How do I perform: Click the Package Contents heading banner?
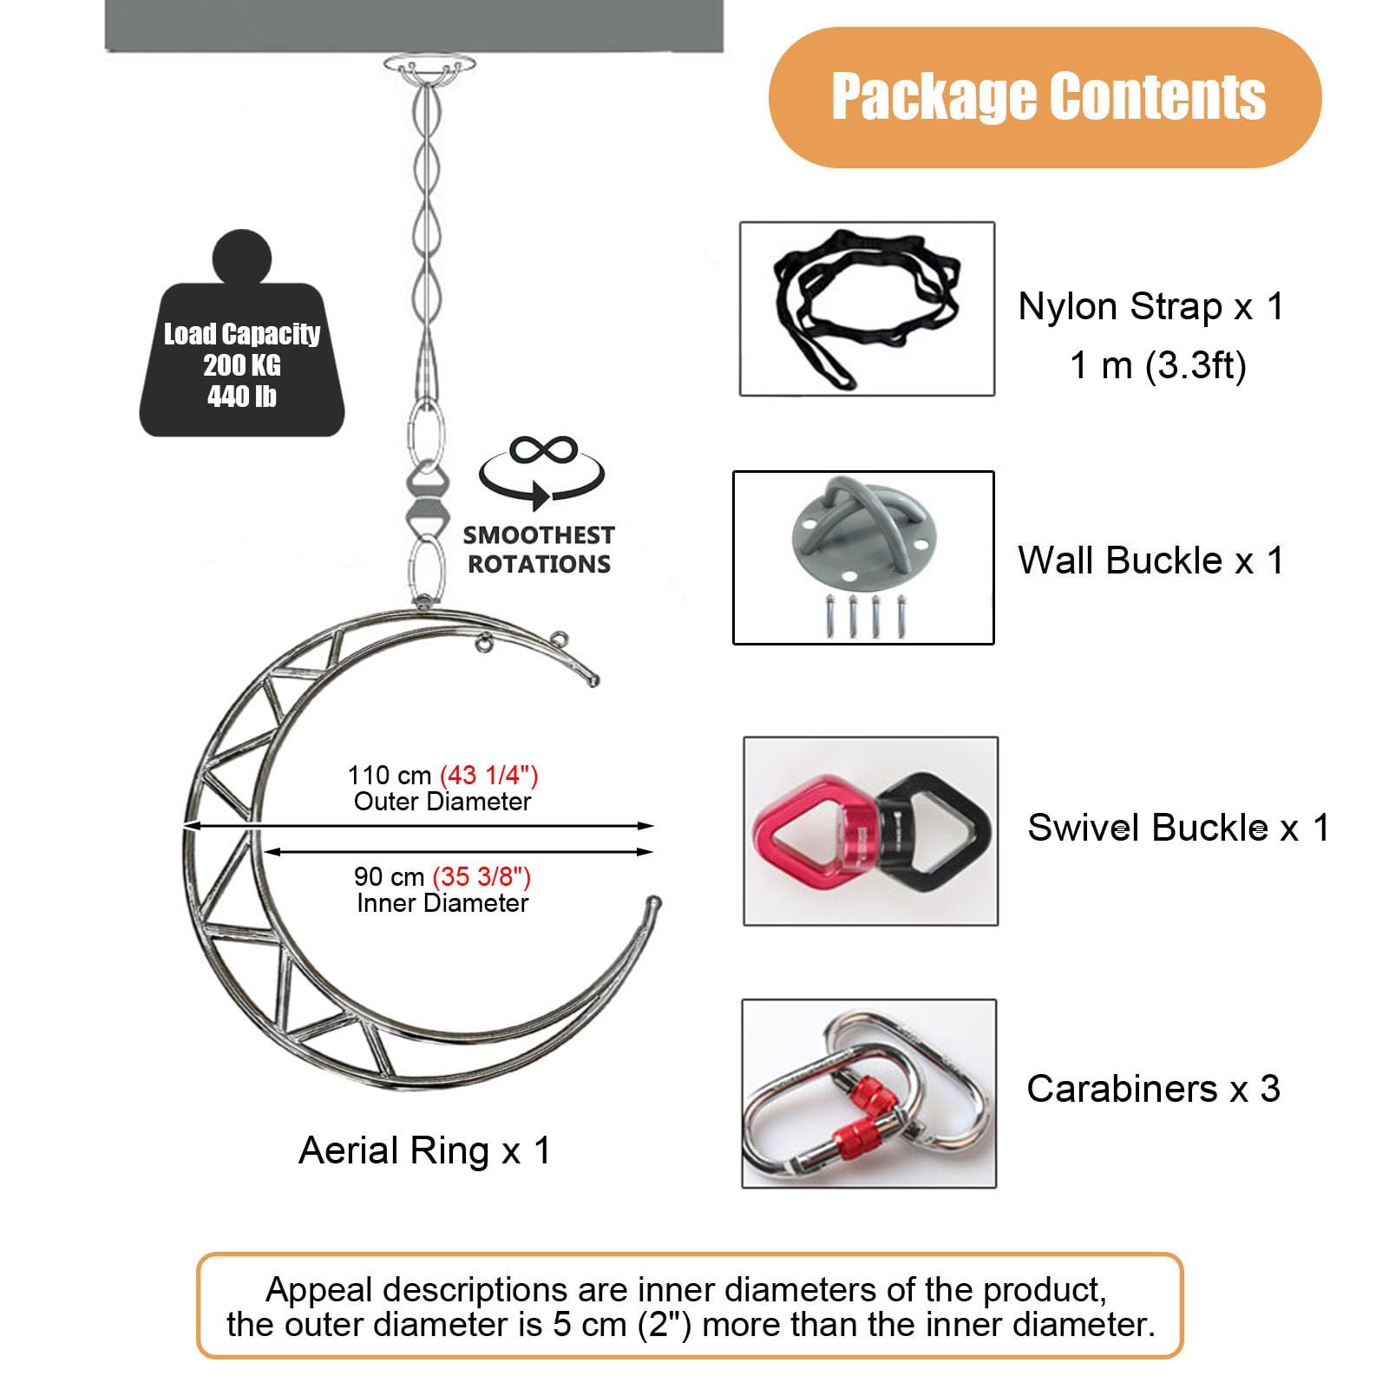tap(1045, 96)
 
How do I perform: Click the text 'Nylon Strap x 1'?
tap(1150, 307)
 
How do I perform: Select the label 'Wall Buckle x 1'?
tap(1150, 560)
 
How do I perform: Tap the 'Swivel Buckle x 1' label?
tap(1177, 828)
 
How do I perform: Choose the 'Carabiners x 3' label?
tap(1153, 1089)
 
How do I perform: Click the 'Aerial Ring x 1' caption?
tap(424, 1151)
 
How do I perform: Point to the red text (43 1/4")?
tap(489, 775)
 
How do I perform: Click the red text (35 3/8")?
tap(482, 876)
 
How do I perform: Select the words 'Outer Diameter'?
tap(442, 802)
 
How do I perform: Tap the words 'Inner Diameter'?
tap(442, 903)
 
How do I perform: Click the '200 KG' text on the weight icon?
tap(242, 365)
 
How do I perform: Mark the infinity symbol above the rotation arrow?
tap(543, 450)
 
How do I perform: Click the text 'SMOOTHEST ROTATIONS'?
tap(539, 549)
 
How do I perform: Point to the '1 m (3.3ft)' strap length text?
tap(1157, 365)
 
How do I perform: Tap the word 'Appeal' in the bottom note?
tap(319, 1290)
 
